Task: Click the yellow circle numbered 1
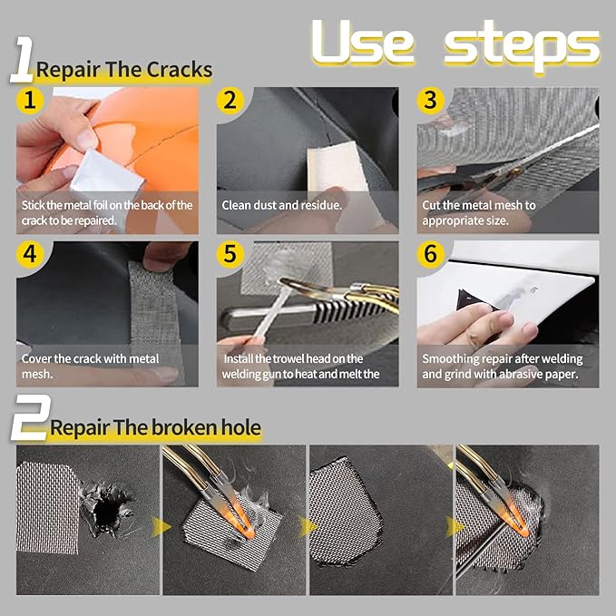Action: tap(30, 101)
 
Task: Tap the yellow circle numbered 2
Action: tap(230, 101)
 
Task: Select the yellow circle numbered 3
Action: tap(431, 101)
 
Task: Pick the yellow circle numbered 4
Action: tap(30, 254)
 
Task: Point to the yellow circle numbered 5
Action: tap(230, 254)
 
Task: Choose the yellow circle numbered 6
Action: tap(431, 254)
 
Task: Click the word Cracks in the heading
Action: tap(180, 70)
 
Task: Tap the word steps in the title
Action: tap(523, 45)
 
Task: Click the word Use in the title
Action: tap(363, 43)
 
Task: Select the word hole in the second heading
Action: tap(240, 427)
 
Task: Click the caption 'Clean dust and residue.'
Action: tap(281, 205)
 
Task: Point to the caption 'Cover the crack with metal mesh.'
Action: tap(91, 367)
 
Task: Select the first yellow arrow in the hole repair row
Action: tap(161, 526)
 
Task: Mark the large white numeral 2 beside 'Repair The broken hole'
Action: tap(30, 418)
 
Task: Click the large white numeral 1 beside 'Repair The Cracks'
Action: tap(23, 60)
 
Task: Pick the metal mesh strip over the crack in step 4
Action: tap(154, 314)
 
